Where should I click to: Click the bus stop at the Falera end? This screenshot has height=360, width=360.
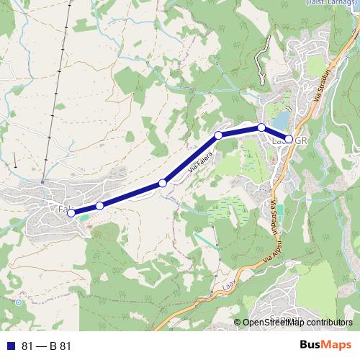coord(71,212)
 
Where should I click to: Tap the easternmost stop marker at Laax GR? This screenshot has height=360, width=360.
coord(289,139)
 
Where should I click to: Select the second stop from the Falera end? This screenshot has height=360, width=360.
coord(99,206)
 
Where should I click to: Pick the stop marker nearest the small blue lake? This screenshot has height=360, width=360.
coord(261,127)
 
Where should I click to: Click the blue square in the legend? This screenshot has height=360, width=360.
coord(10,346)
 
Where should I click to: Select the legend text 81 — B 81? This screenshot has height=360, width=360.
coord(47,346)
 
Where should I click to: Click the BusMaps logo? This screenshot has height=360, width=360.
coord(328,346)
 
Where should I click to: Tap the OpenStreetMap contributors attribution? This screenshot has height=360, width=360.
coord(297,323)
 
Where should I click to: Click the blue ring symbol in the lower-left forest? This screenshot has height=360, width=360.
coord(18,302)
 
